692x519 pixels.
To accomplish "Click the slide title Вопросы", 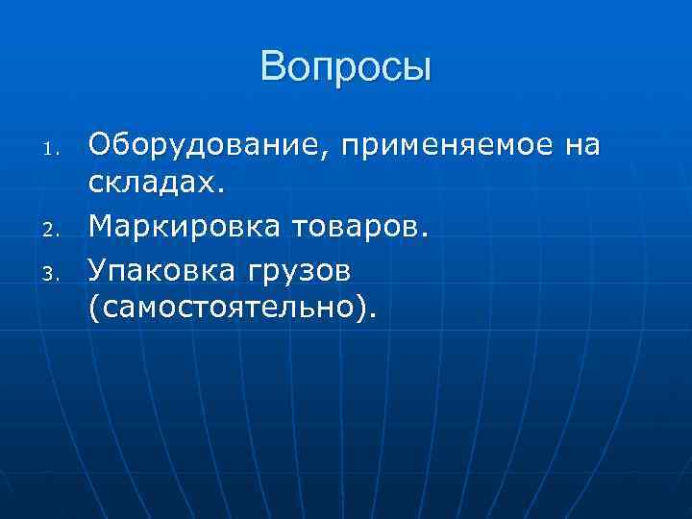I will point(346,68).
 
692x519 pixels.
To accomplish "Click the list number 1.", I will point(55,149).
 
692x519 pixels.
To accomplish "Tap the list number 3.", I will point(55,276).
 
